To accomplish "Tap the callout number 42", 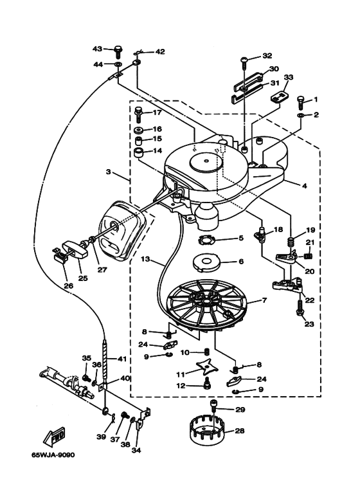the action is pyautogui.click(x=160, y=51).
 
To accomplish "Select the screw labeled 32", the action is pyautogui.click(x=245, y=62).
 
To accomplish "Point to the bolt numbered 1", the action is pyautogui.click(x=300, y=102).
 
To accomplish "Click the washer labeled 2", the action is pyautogui.click(x=300, y=115).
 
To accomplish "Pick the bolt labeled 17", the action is pyautogui.click(x=139, y=114).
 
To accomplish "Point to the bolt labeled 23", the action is pyautogui.click(x=300, y=307).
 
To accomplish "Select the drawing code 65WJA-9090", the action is pyautogui.click(x=53, y=455).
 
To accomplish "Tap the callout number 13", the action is pyautogui.click(x=145, y=259).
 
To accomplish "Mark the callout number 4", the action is pyautogui.click(x=305, y=186).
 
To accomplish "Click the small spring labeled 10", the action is pyautogui.click(x=207, y=352).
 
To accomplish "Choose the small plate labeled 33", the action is pyautogui.click(x=280, y=96).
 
